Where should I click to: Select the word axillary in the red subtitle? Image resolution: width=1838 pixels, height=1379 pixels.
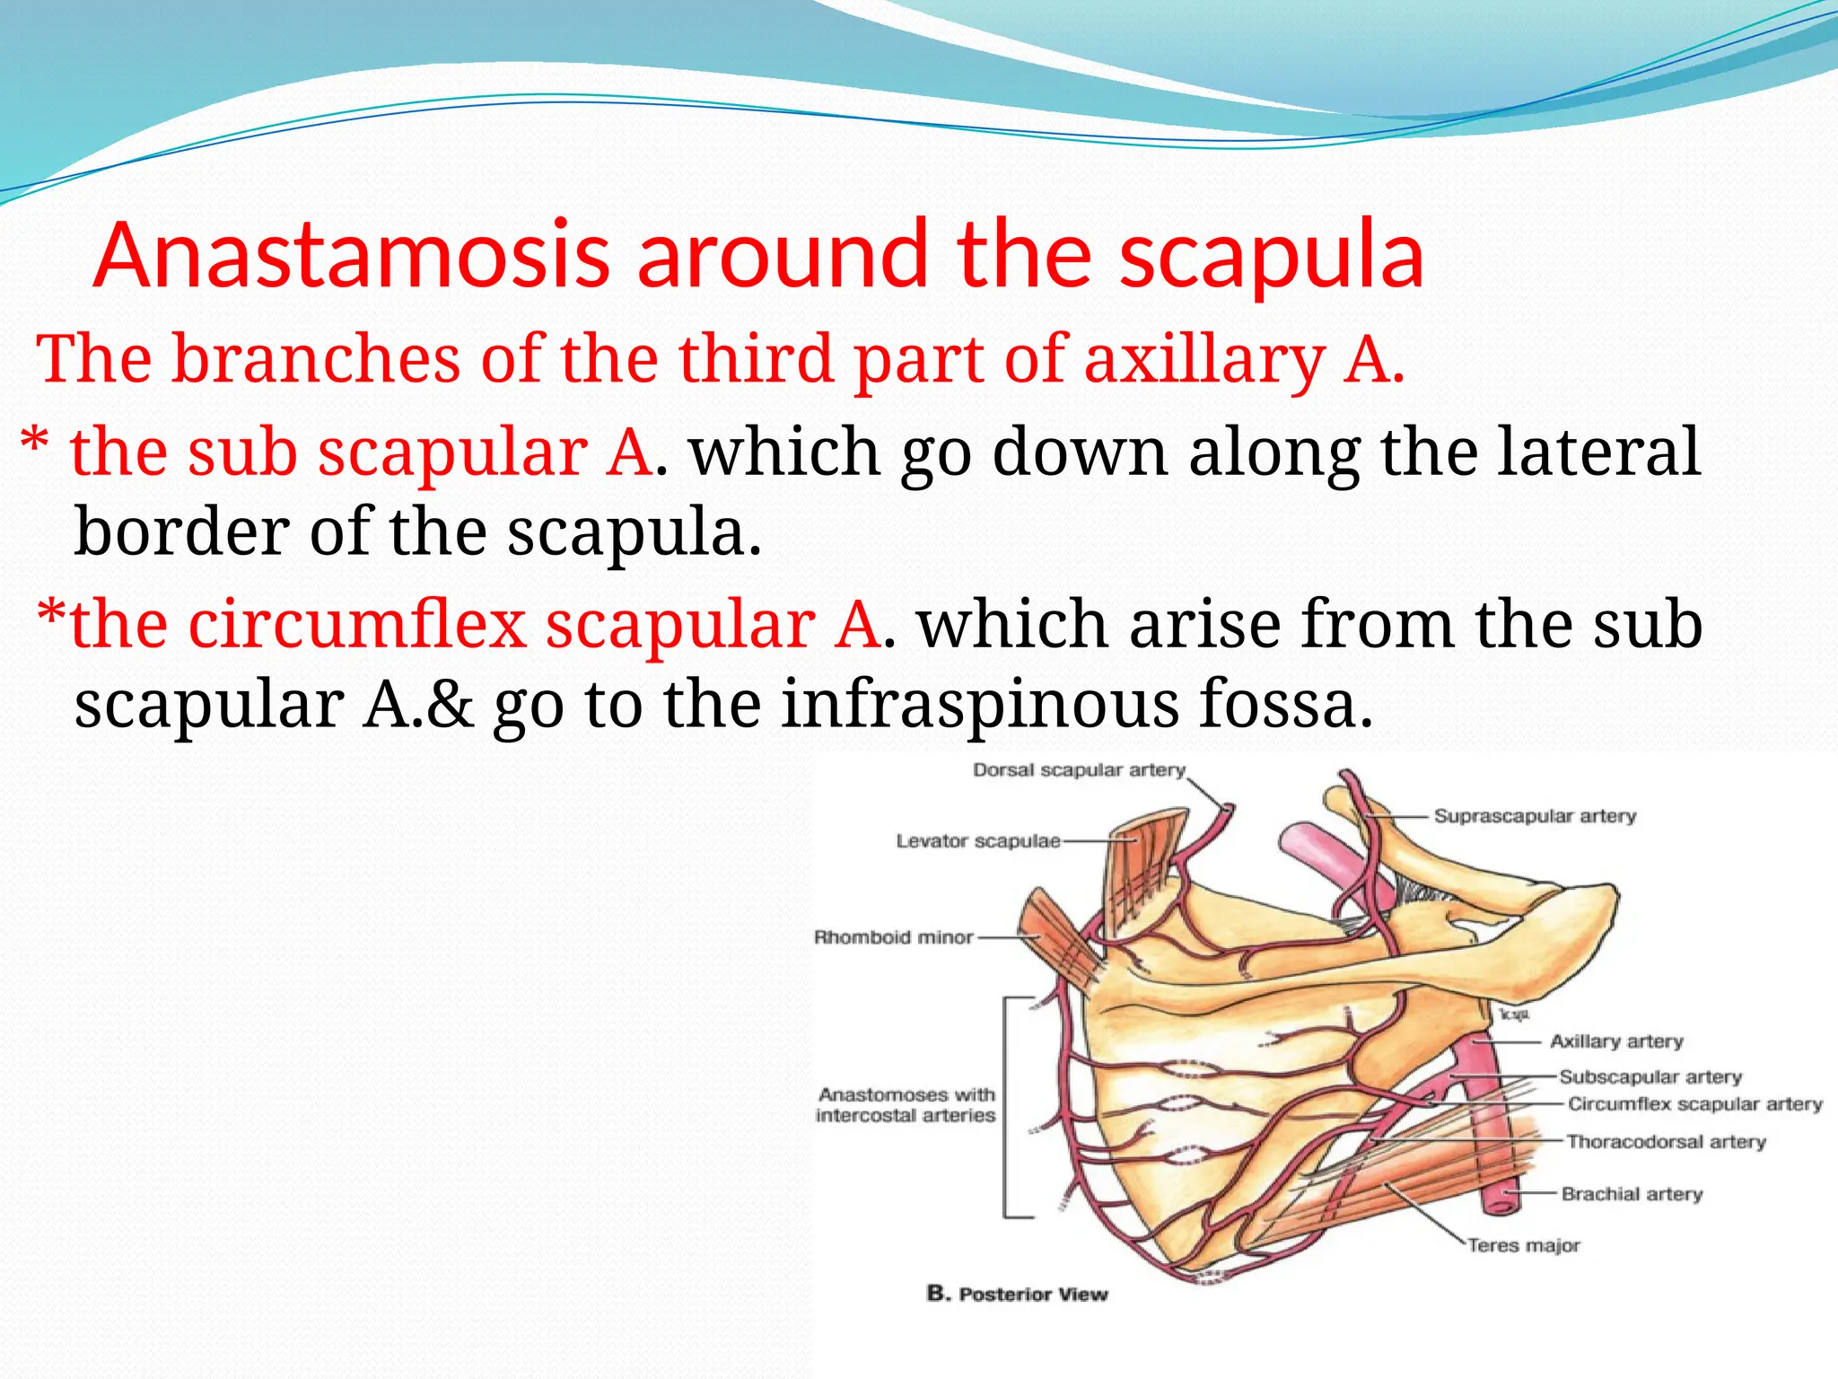pos(1203,359)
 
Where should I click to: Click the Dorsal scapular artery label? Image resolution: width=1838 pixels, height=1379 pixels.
pos(1079,770)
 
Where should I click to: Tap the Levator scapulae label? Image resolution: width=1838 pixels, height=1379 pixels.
pos(977,841)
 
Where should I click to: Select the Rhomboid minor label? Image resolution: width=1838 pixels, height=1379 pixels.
pos(893,937)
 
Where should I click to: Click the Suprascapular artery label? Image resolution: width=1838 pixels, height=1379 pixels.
pos(1535,816)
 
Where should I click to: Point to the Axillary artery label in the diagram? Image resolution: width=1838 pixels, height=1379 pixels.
pos(1616,1041)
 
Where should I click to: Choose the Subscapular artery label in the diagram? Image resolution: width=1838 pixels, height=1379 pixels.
pos(1650,1076)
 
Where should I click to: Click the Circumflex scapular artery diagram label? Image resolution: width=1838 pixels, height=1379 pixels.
pos(1694,1104)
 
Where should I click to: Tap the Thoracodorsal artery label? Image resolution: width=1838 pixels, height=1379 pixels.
pos(1666,1142)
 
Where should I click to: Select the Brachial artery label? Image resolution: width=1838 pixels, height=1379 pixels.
pos(1632,1194)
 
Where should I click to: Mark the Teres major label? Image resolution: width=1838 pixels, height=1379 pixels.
pos(1523,1245)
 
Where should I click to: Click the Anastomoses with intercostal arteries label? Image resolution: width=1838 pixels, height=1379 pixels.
pos(906,1105)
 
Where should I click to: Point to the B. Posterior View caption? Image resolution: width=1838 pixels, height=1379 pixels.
pos(1017,1294)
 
